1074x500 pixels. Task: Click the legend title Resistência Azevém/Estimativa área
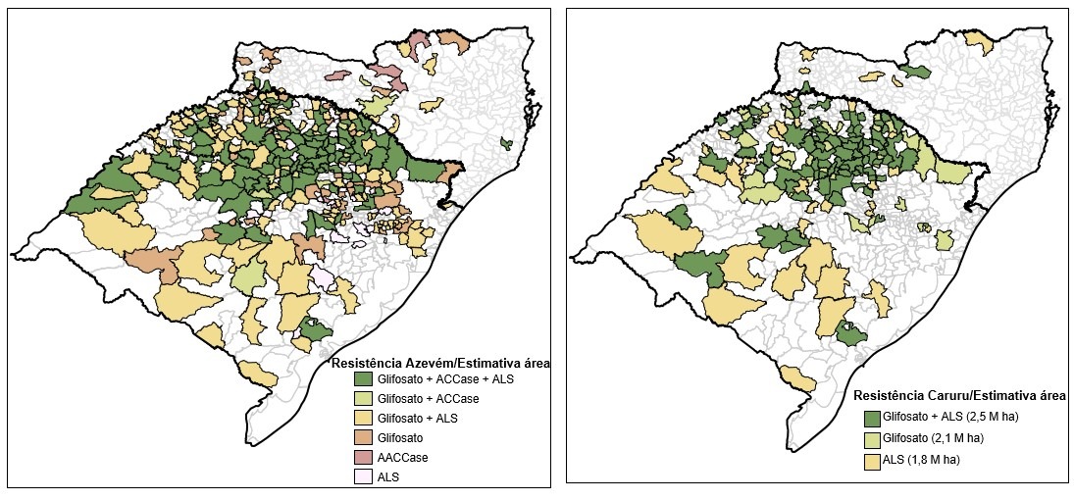[439, 363]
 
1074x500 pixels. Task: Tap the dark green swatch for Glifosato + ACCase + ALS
[363, 379]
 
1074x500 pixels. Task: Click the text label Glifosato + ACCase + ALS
[444, 379]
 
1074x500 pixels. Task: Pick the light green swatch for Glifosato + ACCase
[363, 399]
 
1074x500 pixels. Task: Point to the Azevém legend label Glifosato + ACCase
[428, 399]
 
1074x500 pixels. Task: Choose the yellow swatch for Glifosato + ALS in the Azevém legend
[363, 419]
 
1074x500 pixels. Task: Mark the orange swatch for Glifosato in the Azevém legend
[363, 438]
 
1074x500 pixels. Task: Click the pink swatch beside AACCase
[363, 458]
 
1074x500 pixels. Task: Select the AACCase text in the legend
[401, 458]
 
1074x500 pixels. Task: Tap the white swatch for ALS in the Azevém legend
[363, 477]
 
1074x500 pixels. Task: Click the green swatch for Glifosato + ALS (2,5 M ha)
[872, 418]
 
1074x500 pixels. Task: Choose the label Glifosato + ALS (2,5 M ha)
[950, 418]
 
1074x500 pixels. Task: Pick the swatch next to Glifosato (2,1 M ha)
[872, 438]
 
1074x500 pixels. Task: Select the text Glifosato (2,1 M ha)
[933, 438]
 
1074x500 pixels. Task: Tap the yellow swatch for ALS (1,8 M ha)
[872, 461]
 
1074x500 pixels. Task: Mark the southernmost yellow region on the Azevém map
[259, 374]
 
